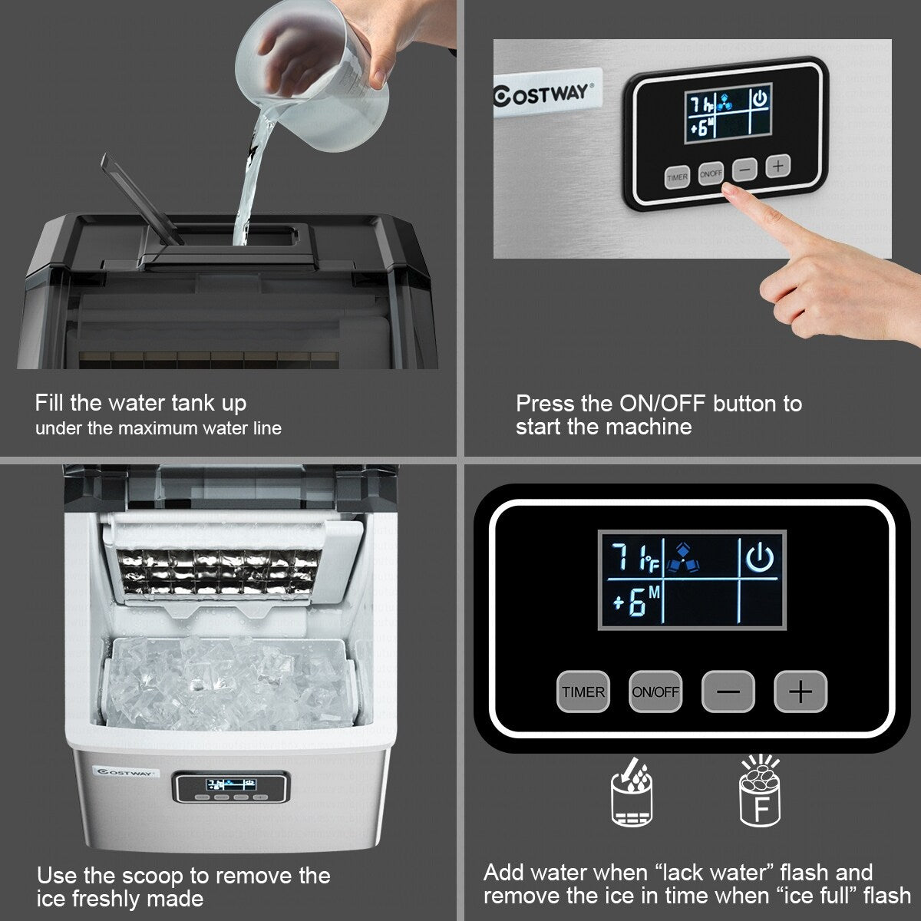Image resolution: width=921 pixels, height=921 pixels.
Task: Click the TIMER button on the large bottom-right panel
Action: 583,692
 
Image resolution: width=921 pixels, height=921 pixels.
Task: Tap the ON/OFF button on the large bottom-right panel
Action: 655,692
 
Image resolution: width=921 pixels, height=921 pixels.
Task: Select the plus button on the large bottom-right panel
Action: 801,692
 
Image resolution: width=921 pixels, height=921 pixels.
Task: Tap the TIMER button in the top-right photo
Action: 677,177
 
